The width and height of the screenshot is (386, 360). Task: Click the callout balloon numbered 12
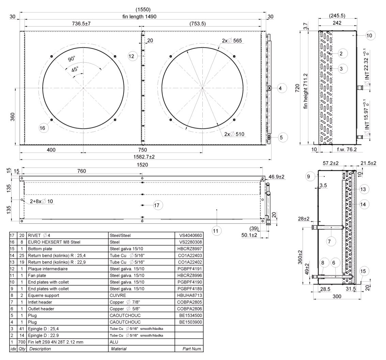tap(132, 56)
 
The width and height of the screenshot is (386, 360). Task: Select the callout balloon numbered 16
tap(42, 128)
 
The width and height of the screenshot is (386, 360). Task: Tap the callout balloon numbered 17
tap(157, 205)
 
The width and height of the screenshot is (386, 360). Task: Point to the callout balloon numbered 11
tap(216, 231)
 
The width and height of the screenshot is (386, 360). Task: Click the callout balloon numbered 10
tap(369, 36)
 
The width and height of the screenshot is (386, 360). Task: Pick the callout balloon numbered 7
tap(329, 241)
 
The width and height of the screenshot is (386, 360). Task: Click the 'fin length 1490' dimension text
tap(139, 16)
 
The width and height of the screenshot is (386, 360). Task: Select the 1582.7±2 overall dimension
tap(144, 157)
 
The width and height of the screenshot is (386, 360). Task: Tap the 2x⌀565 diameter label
tap(232, 41)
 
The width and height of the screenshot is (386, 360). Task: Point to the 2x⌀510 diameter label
tap(234, 134)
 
